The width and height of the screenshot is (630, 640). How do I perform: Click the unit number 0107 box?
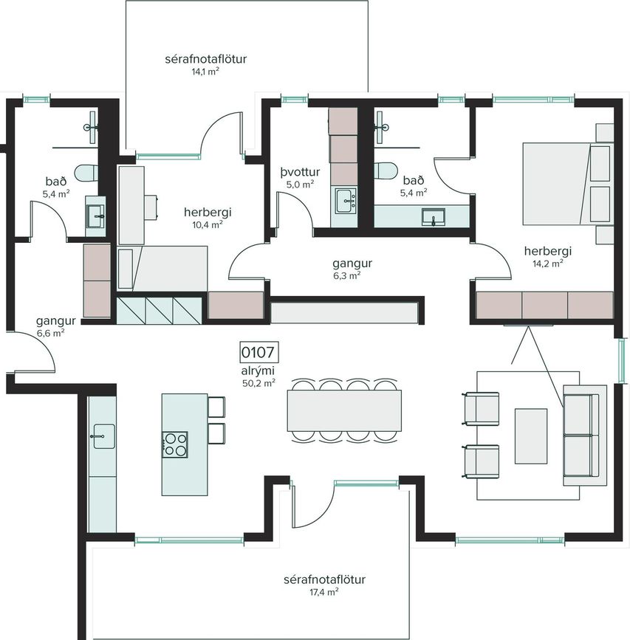pyautogui.click(x=258, y=352)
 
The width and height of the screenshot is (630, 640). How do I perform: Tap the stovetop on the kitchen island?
pyautogui.click(x=175, y=444)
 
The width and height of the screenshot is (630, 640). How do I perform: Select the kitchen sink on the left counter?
pyautogui.click(x=103, y=436)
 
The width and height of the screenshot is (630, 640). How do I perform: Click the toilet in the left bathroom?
pyautogui.click(x=86, y=173)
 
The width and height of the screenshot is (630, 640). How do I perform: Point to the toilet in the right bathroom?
pyautogui.click(x=385, y=171)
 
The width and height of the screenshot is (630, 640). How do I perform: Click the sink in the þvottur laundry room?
pyautogui.click(x=346, y=200)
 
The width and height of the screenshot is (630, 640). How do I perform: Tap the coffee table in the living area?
pyautogui.click(x=531, y=436)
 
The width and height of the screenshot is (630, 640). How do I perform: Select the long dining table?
pyautogui.click(x=344, y=410)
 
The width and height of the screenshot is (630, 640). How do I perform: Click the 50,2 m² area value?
pyautogui.click(x=258, y=383)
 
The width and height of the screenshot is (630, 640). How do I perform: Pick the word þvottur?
pyautogui.click(x=300, y=172)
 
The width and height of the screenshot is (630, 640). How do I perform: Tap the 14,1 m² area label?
pyautogui.click(x=206, y=72)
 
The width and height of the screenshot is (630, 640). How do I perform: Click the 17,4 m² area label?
pyautogui.click(x=324, y=592)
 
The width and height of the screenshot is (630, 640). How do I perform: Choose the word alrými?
pyautogui.click(x=258, y=371)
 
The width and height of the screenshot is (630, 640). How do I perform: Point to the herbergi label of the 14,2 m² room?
pyautogui.click(x=548, y=251)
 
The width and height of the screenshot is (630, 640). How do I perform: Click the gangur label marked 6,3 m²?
pyautogui.click(x=352, y=264)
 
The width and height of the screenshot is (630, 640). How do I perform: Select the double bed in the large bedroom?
pyautogui.click(x=568, y=184)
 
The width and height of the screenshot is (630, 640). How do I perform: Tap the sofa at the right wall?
pyautogui.click(x=584, y=435)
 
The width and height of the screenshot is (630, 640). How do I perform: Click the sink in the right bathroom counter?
pyautogui.click(x=434, y=216)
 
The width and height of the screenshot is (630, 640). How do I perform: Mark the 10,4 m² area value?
pyautogui.click(x=208, y=224)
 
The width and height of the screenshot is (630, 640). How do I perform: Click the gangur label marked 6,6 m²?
pyautogui.click(x=56, y=321)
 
